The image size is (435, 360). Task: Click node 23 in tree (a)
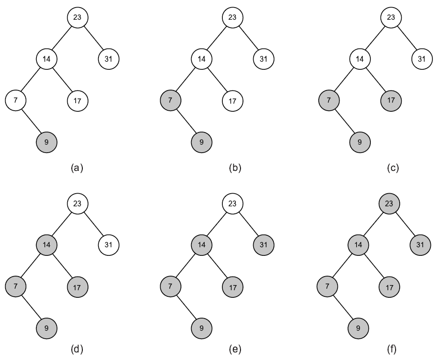click(x=78, y=18)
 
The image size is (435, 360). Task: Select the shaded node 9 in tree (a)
click(x=46, y=142)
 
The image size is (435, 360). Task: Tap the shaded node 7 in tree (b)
click(x=171, y=101)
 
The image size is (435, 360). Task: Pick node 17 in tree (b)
click(x=233, y=101)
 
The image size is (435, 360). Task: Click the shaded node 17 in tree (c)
click(x=391, y=101)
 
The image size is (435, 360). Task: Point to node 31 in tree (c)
click(x=422, y=59)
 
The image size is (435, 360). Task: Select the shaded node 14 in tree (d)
click(x=46, y=245)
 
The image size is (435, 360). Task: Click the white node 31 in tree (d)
click(x=109, y=245)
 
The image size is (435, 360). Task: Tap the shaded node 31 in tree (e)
click(x=264, y=245)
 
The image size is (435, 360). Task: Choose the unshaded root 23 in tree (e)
click(x=233, y=204)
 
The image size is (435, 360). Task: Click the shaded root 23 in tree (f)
click(x=389, y=204)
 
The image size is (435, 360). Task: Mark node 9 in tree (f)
click(x=358, y=328)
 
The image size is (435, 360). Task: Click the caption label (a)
click(x=77, y=168)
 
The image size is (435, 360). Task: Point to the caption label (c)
click(x=393, y=168)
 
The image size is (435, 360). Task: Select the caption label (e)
click(x=235, y=349)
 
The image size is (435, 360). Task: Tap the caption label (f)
click(x=392, y=349)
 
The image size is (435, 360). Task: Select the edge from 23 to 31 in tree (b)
click(x=248, y=38)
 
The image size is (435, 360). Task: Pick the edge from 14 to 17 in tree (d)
click(x=62, y=266)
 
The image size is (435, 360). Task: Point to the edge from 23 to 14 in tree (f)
click(x=374, y=224)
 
